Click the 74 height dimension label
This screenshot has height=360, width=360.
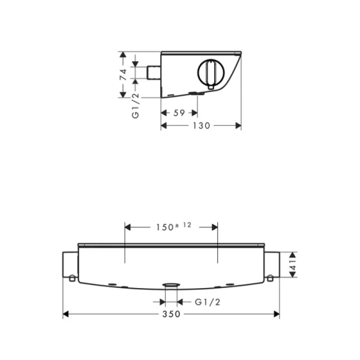pos(122,75)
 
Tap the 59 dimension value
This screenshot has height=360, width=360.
pos(178,112)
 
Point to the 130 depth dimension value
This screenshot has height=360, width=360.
pos(201,125)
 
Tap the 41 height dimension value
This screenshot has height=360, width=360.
pos(293,264)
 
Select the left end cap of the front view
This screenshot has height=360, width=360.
pos(70,265)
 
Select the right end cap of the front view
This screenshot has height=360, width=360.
pos(273,265)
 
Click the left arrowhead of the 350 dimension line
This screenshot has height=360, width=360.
pos(67,314)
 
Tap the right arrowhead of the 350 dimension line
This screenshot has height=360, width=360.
pos(277,314)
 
